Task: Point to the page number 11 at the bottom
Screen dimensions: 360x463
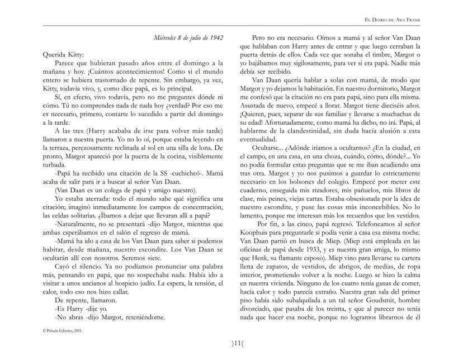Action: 232,343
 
